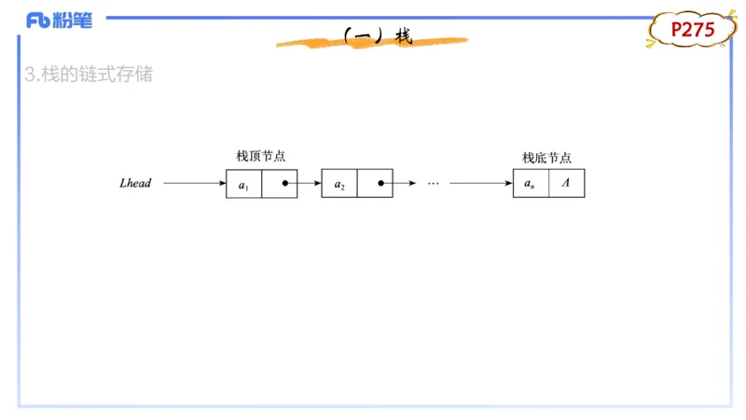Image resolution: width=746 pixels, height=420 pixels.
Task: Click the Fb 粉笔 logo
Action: point(59,20)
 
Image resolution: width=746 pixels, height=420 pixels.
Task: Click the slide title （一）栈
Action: point(377,36)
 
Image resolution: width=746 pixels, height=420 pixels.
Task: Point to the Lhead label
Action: point(135,184)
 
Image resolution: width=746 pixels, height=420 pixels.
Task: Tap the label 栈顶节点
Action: point(260,157)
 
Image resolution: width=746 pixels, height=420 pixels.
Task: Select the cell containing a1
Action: point(243,184)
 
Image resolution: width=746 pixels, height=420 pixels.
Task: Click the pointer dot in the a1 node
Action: point(285,184)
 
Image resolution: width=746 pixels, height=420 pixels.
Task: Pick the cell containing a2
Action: point(339,184)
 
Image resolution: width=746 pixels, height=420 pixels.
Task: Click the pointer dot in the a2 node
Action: point(380,184)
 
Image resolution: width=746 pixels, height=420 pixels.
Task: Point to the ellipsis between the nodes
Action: point(433,184)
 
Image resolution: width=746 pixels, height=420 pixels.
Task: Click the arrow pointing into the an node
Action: point(480,184)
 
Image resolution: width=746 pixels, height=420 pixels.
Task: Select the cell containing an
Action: point(530,184)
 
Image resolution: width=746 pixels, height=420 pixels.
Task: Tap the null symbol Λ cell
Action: point(566,184)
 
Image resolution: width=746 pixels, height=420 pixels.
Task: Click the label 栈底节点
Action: point(546,157)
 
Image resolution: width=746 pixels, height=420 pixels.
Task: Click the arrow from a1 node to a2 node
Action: point(305,184)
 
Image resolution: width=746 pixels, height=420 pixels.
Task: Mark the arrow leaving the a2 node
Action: point(399,184)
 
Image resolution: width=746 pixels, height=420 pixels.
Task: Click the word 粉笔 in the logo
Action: point(74,20)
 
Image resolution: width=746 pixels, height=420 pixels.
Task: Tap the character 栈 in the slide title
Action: point(403,36)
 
